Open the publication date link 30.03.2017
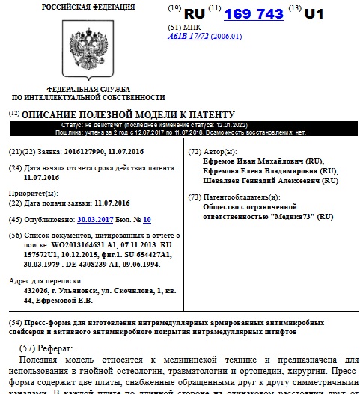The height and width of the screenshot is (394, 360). click(94, 220)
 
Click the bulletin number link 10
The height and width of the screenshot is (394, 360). click(147, 220)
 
